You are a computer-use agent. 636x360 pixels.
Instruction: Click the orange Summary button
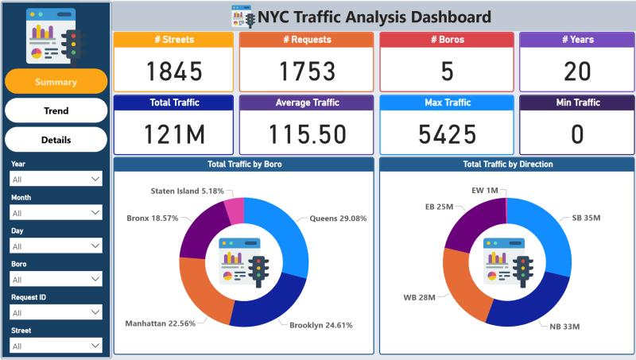coord(56,82)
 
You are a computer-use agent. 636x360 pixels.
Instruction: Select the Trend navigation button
coord(56,111)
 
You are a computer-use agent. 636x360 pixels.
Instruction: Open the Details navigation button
coord(56,140)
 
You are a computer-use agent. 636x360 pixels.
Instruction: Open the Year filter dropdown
coord(56,180)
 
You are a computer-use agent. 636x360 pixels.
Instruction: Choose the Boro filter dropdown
coord(56,279)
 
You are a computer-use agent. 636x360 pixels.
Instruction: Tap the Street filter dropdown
coord(56,346)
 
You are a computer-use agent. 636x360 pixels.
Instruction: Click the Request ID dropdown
coord(56,312)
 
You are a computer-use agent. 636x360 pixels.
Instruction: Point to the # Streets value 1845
coord(174,72)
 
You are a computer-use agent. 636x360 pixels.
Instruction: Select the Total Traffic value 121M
coord(174,134)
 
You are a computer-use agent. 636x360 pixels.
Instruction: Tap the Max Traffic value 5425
coord(447,134)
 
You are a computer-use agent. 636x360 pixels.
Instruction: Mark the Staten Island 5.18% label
coord(187,192)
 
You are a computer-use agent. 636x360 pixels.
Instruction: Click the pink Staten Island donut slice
coord(234,210)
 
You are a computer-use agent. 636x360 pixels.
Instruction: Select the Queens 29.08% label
coord(338,218)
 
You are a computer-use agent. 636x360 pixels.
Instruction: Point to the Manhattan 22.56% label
coord(160,323)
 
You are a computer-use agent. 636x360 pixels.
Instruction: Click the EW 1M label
coord(484,191)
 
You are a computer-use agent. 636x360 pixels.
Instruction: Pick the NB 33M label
coord(564,327)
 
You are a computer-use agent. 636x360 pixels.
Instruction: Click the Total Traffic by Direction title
coord(507,165)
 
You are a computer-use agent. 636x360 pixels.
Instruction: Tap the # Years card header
coord(576,40)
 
